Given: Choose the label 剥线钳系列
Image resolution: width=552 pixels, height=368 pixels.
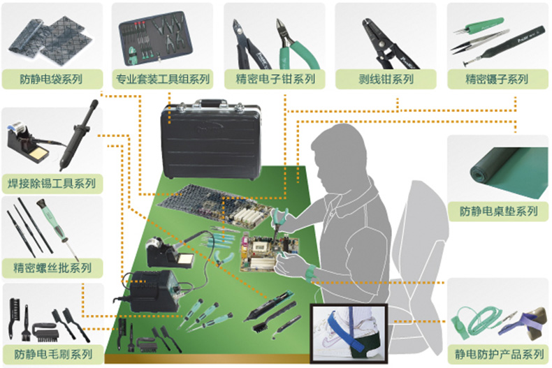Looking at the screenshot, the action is [x=385, y=79].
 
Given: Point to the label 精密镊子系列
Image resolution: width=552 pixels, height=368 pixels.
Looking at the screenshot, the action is [x=496, y=79].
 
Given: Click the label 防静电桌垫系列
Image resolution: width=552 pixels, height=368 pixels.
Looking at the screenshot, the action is [x=498, y=211].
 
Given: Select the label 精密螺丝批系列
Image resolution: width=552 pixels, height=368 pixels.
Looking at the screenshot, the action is [x=52, y=267].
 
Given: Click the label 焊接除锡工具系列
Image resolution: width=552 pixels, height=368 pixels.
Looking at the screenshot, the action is [x=52, y=184].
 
